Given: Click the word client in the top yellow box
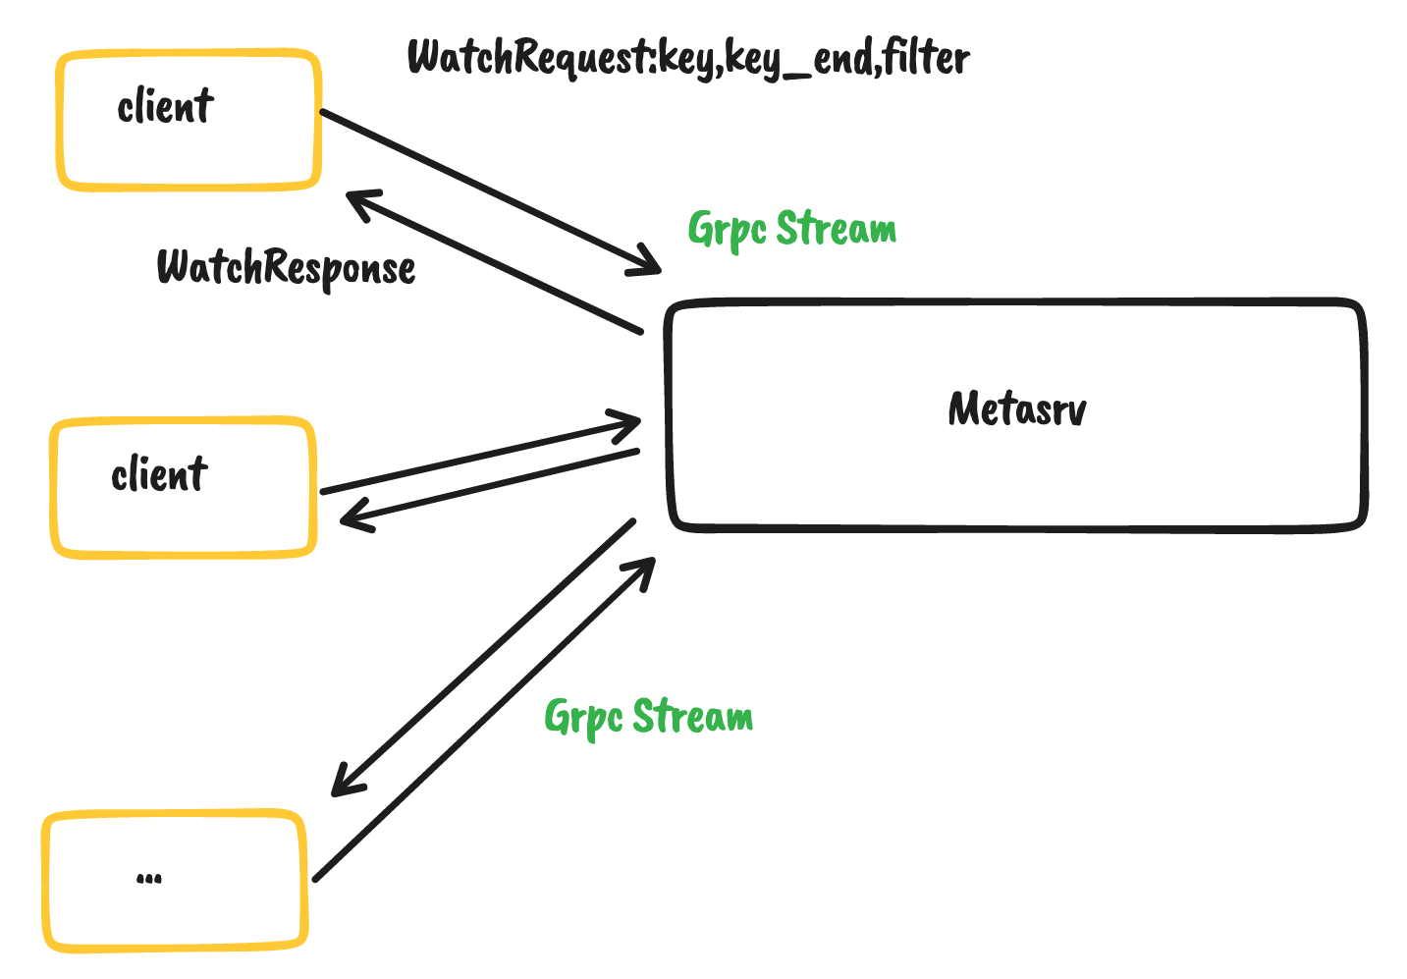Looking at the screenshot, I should point(164,106).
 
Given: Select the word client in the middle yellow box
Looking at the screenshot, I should point(159,475).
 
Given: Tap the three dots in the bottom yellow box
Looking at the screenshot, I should point(149,878).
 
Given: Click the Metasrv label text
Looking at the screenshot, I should point(1017,408).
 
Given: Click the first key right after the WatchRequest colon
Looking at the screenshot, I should point(689,59).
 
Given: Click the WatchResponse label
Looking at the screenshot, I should point(286,267).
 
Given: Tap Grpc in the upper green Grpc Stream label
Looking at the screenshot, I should point(727,230).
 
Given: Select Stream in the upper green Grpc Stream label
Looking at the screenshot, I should point(837,228).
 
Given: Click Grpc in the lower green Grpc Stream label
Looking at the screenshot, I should point(583,717).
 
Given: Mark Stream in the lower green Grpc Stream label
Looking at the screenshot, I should point(693,716).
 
